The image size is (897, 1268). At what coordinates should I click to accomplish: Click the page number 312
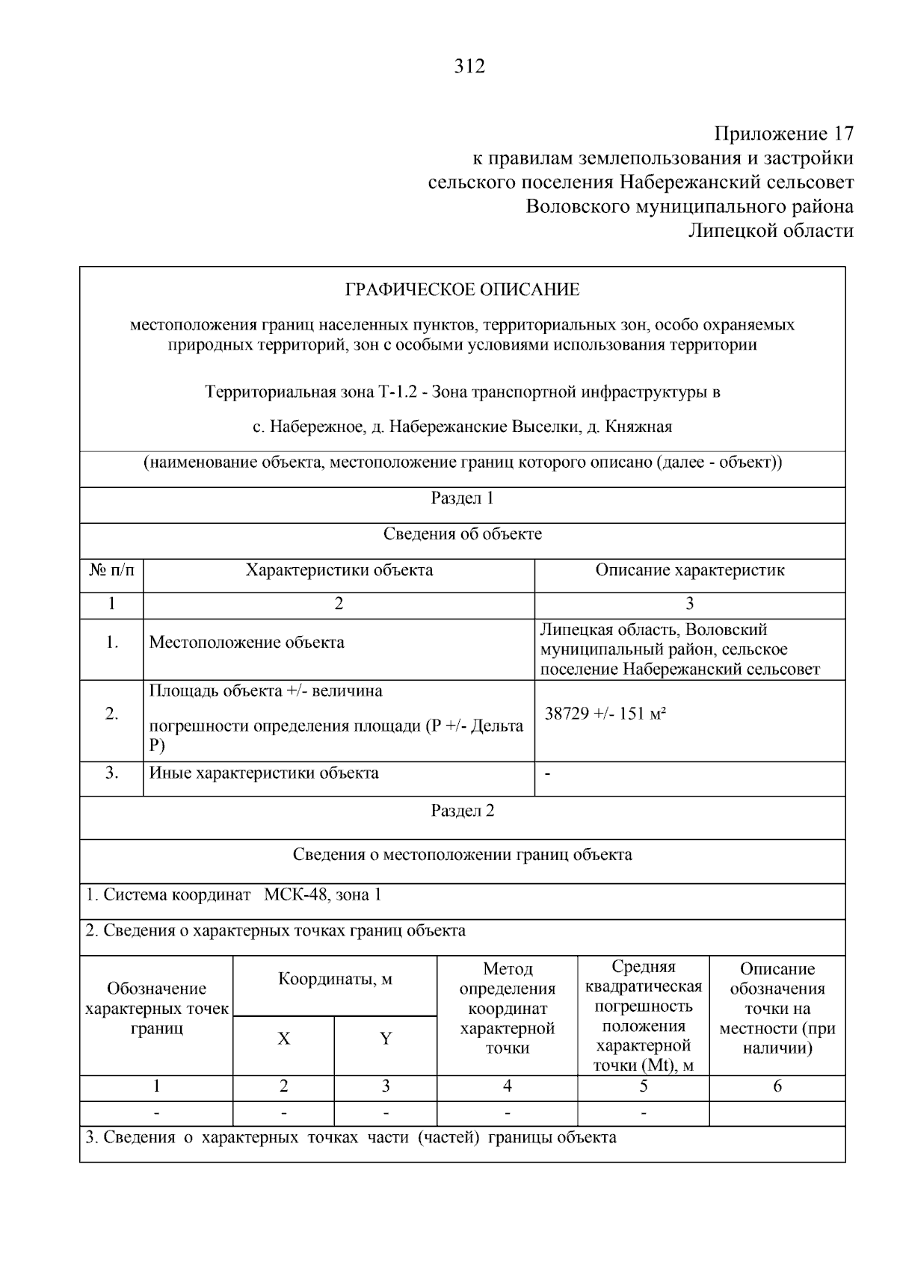tap(469, 67)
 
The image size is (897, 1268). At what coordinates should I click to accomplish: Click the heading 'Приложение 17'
tap(783, 134)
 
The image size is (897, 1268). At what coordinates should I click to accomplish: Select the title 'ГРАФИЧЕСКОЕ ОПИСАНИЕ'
tap(462, 290)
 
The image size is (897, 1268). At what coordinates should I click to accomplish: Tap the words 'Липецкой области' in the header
tap(770, 231)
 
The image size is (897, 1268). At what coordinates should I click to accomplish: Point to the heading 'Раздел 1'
tap(462, 498)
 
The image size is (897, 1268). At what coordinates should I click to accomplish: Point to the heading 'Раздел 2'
tap(462, 811)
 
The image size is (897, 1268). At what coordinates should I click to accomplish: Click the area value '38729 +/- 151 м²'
tap(605, 714)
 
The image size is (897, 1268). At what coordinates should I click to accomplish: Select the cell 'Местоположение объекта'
tap(247, 643)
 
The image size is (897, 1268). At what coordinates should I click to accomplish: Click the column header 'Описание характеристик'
tap(689, 571)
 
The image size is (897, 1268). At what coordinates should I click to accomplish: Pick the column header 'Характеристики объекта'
tap(339, 571)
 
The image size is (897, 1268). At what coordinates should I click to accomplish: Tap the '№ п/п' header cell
tap(112, 571)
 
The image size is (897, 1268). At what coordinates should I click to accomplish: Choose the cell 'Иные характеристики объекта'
tap(264, 773)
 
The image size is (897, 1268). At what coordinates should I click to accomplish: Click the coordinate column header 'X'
tap(284, 1039)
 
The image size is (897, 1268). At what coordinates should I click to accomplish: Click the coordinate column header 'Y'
tap(386, 1039)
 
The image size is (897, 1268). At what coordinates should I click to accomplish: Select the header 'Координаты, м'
tap(335, 980)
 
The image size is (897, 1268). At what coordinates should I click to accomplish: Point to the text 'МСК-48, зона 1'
tap(322, 895)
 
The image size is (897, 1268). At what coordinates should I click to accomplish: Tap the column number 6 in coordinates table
tap(777, 1087)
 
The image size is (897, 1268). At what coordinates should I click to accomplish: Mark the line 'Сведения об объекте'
tap(462, 534)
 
